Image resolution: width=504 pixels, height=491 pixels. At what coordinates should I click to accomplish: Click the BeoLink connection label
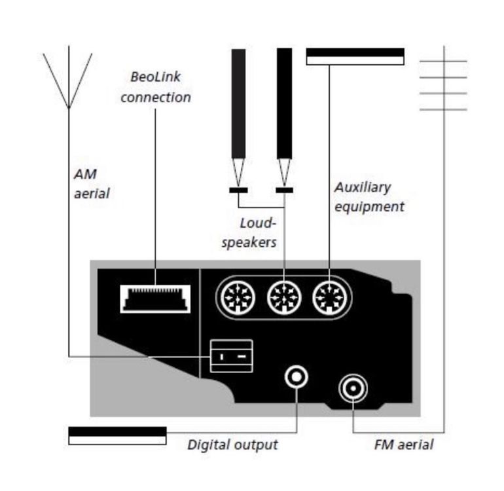coord(155,87)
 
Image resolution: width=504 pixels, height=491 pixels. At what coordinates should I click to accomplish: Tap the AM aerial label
coord(91,184)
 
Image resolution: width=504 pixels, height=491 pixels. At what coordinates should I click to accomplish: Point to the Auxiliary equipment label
coord(369,196)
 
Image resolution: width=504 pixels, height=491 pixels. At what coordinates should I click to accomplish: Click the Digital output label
coord(232,445)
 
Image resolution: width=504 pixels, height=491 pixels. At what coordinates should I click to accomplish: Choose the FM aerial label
coord(404,445)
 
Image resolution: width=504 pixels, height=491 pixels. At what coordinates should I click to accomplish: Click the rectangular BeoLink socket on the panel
coord(155,299)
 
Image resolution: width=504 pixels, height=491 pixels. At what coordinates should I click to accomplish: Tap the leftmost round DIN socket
coord(236,299)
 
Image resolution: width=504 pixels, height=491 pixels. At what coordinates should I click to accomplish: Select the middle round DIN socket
coord(283,299)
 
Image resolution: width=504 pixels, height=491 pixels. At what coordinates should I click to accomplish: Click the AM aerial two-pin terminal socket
coord(231,355)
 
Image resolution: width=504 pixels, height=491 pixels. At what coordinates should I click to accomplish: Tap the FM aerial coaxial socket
coord(353,390)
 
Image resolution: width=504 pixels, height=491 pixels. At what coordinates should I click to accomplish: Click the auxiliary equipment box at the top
coord(355,56)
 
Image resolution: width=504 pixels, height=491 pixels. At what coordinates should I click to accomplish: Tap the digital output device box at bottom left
coord(117,435)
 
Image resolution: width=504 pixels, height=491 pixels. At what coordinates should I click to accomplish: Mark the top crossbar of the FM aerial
coord(443,62)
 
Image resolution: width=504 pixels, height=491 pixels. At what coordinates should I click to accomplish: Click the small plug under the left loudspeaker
coord(238,191)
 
